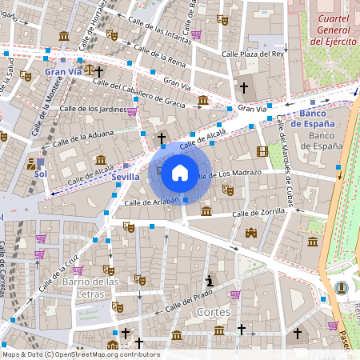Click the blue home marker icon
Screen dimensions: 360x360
point(179,173)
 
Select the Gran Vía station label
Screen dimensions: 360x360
point(63,72)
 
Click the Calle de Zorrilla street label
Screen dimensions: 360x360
point(258,214)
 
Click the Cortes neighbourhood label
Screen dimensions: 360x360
point(213,311)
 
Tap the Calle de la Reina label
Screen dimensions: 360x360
point(160,54)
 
